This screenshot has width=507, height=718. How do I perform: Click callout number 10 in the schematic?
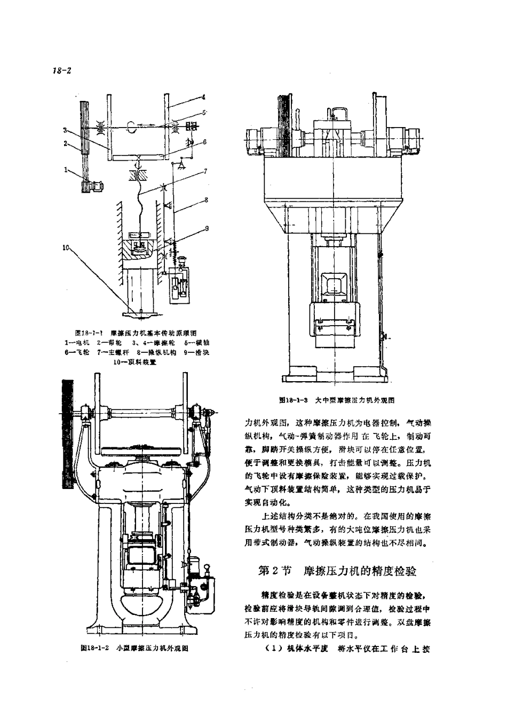66,247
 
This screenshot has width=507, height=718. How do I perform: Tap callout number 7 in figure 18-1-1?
204,172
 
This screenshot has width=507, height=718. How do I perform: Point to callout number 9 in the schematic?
206,228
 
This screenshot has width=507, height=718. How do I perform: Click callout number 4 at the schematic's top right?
203,98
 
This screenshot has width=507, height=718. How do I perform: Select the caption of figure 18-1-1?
136,332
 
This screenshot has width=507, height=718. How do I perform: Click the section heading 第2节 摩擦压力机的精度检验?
336,571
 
